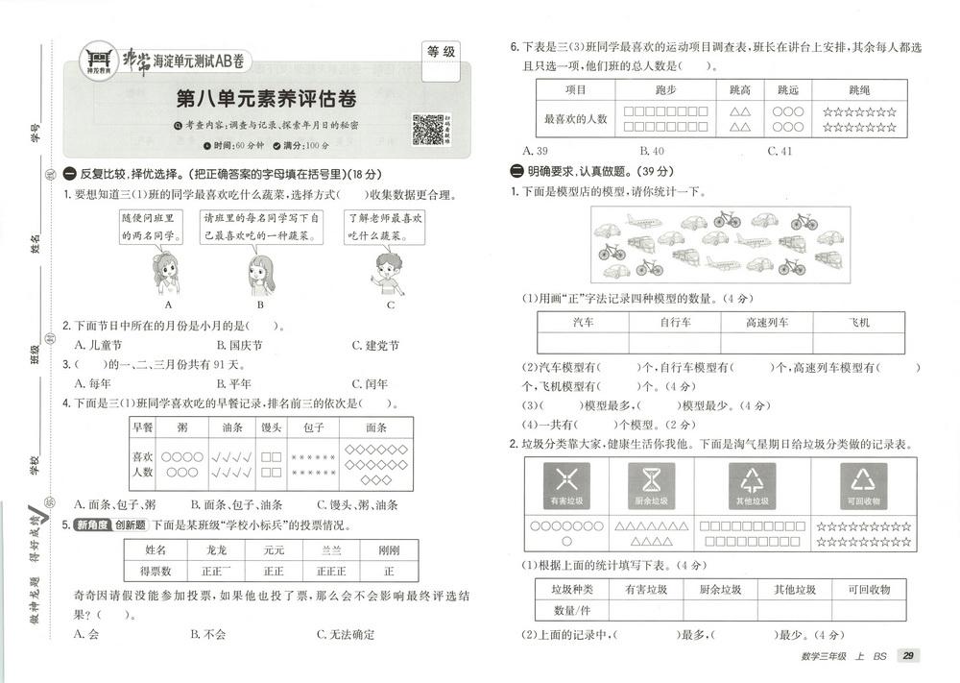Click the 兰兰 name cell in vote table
(330, 549)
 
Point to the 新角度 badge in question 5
(93, 524)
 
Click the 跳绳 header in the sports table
(859, 90)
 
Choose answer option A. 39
(535, 151)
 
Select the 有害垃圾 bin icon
(566, 484)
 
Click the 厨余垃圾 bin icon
(652, 484)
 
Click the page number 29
(906, 656)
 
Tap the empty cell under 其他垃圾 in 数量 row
(796, 609)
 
